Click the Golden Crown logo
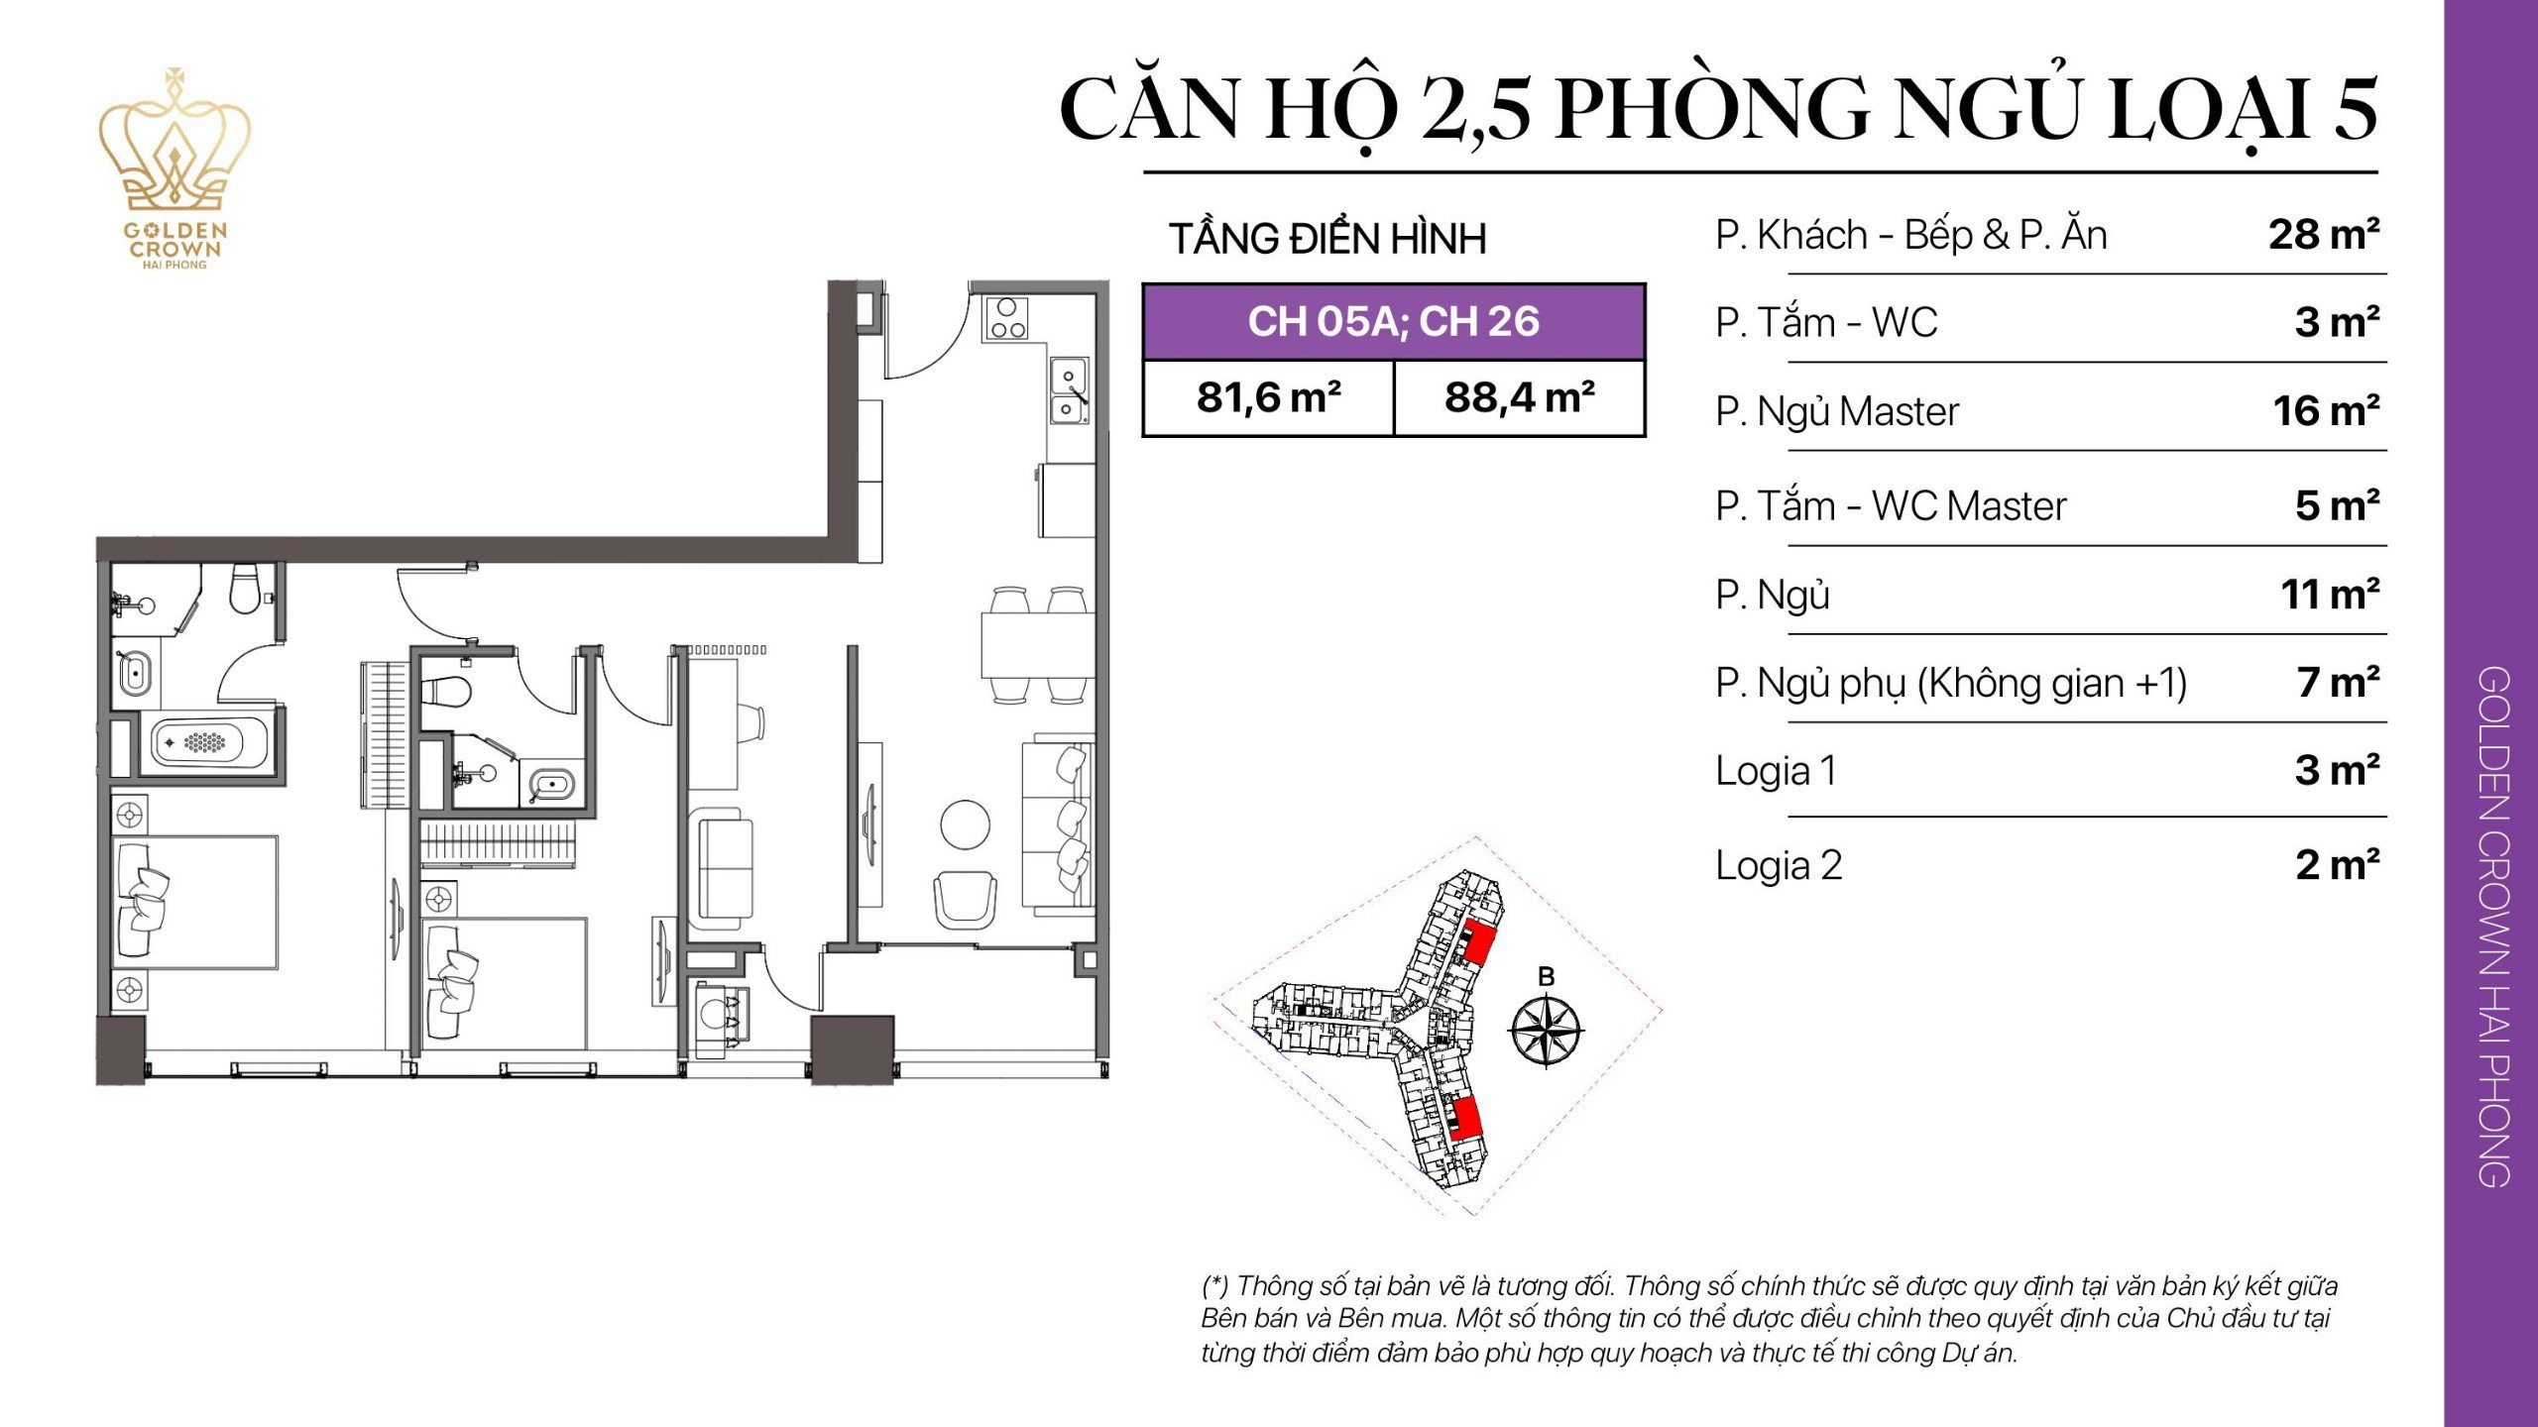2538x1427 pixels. pos(174,168)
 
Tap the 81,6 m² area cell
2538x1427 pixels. pos(1268,398)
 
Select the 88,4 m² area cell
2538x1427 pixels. pos(1520,398)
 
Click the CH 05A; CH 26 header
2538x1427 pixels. pos(1393,322)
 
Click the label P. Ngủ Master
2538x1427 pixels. pos(1837,412)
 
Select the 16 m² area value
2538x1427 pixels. pos(2325,412)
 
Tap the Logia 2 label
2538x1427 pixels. pos(1779,866)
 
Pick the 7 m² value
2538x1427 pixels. pos(2337,684)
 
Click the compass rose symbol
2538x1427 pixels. pos(1546,1032)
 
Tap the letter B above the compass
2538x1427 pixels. pos(1546,977)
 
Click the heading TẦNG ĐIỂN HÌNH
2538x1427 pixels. pos(1327,240)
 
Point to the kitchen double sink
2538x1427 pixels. pos(1069,391)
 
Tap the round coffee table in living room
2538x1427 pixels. pos(965,824)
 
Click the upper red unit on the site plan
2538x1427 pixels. pos(1478,942)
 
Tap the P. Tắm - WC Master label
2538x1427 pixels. pos(1891,507)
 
